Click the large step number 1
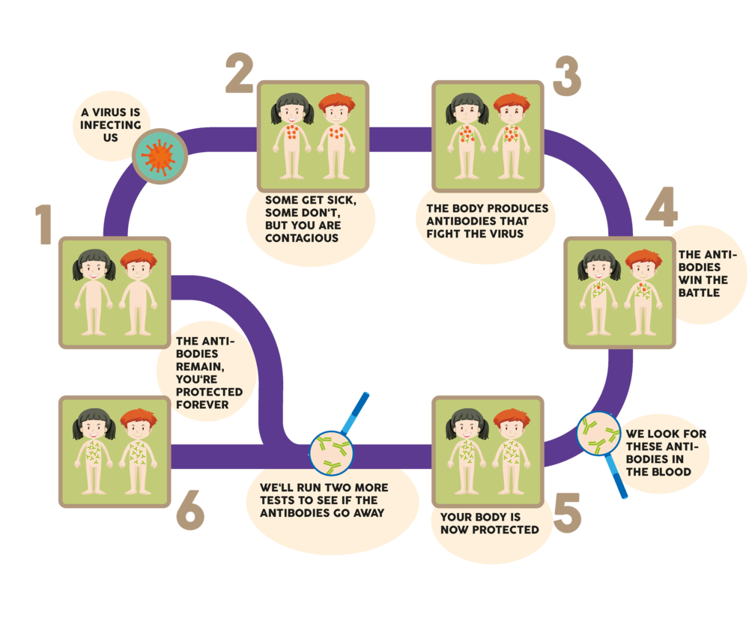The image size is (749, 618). (x=44, y=225)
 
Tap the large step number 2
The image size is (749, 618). (x=240, y=73)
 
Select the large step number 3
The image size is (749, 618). (x=567, y=76)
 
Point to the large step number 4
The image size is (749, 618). (x=662, y=207)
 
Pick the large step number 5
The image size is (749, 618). (x=568, y=513)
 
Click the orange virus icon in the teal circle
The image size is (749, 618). (x=160, y=156)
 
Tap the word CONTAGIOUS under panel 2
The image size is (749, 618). (x=302, y=238)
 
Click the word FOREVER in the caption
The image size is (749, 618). (x=202, y=405)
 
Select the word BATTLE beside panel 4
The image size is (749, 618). (x=699, y=292)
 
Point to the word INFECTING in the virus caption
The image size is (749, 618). (x=110, y=125)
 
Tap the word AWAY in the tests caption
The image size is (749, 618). (x=369, y=513)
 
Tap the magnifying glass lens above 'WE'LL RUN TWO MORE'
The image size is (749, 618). (x=331, y=454)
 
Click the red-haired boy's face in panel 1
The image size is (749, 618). (x=139, y=270)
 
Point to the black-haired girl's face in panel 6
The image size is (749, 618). (x=94, y=429)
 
